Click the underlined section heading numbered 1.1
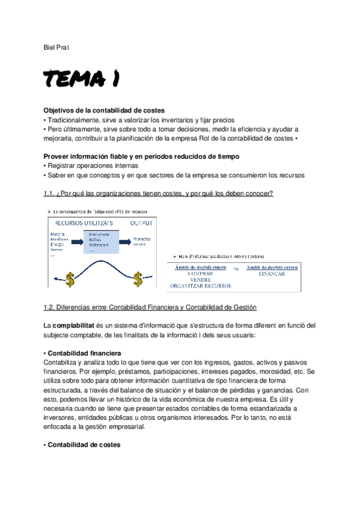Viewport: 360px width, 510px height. (159, 193)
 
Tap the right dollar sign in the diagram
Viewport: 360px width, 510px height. (137, 262)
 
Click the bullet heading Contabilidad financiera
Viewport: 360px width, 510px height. (84, 353)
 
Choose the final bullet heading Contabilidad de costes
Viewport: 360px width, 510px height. (84, 445)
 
